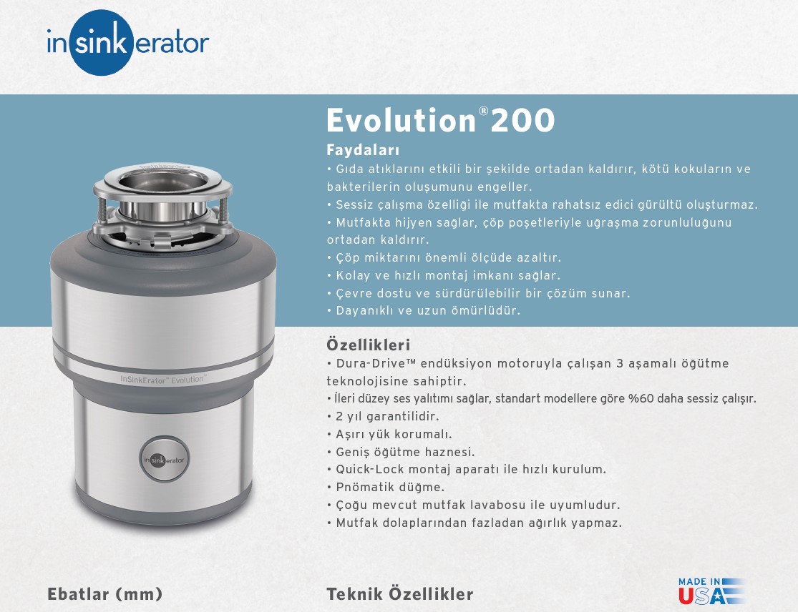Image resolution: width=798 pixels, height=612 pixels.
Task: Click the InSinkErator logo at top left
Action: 127,43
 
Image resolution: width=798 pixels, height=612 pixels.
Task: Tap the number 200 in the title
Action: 522,120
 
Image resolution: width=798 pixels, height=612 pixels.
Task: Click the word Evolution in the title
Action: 401,120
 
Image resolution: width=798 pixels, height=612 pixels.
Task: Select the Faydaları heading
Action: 363,150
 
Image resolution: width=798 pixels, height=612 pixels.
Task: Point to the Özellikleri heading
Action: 368,345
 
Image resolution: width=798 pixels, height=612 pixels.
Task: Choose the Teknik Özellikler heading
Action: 400,593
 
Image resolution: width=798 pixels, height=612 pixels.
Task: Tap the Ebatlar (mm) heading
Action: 104,594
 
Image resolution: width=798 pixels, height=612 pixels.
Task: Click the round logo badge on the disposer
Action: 165,459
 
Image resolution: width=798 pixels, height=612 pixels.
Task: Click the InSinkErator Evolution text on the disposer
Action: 163,379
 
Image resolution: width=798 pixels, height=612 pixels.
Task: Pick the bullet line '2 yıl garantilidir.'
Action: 383,416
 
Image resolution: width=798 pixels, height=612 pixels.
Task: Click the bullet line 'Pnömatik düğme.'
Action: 386,487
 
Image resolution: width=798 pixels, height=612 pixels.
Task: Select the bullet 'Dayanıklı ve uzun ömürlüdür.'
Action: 424,310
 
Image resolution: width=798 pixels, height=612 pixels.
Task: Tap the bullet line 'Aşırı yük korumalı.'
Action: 389,434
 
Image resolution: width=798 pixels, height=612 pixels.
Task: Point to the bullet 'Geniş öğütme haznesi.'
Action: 401,452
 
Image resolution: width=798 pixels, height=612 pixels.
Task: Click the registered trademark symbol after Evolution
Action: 484,111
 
